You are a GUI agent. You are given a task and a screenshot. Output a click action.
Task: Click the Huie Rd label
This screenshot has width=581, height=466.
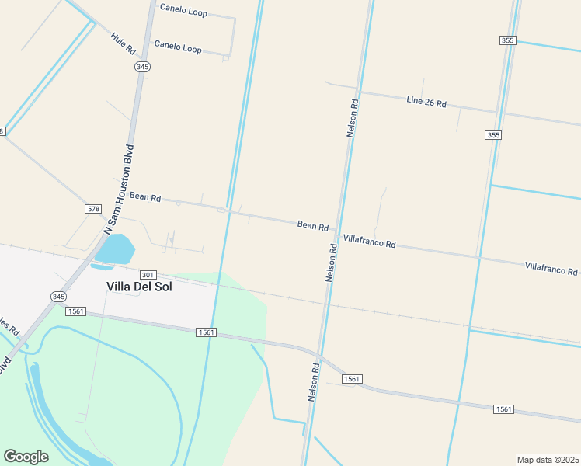tap(123, 43)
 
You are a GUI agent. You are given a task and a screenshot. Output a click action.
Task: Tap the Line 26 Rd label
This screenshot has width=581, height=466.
tap(426, 102)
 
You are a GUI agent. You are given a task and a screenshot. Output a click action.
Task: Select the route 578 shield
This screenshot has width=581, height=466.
tap(93, 209)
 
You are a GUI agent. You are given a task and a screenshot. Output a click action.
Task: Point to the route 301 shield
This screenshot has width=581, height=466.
tap(148, 275)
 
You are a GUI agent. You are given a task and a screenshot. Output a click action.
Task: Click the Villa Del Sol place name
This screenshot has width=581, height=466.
tap(138, 287)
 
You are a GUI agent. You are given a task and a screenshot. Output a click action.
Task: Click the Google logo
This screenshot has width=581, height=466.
tap(26, 457)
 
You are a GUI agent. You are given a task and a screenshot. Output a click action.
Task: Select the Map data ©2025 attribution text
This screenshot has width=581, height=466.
tap(547, 459)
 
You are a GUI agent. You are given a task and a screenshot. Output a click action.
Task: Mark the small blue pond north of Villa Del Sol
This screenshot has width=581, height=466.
tap(115, 250)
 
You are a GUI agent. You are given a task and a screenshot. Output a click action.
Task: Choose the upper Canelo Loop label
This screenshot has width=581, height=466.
tap(183, 10)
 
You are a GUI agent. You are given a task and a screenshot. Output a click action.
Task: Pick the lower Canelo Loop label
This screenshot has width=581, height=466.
tap(178, 47)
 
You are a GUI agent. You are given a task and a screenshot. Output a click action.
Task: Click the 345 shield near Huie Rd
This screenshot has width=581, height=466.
tap(141, 67)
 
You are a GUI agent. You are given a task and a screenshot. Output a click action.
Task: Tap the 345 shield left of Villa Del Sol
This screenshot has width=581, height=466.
tap(59, 297)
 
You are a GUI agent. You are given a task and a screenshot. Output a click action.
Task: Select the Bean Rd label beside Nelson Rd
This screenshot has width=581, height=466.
tap(312, 225)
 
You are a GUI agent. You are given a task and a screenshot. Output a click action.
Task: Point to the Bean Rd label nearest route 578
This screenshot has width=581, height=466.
tap(145, 197)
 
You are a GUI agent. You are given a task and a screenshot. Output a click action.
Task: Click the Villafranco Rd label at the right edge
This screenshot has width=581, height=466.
tap(551, 269)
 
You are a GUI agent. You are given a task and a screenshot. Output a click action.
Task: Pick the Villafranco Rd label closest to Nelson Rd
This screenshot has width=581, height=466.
tap(369, 242)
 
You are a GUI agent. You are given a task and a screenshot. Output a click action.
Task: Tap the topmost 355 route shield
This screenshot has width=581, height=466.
tap(508, 40)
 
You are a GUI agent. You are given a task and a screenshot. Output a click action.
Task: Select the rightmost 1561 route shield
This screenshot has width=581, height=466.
tap(503, 409)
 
